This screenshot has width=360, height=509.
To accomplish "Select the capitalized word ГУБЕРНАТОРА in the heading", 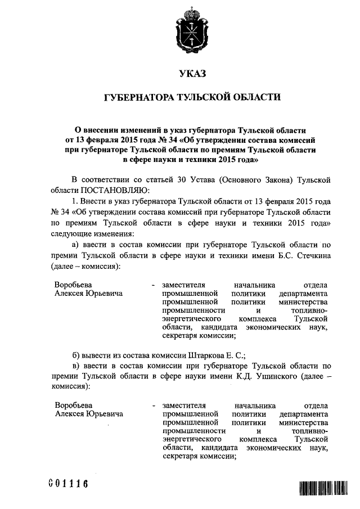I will pyautogui.click(x=139, y=98).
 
